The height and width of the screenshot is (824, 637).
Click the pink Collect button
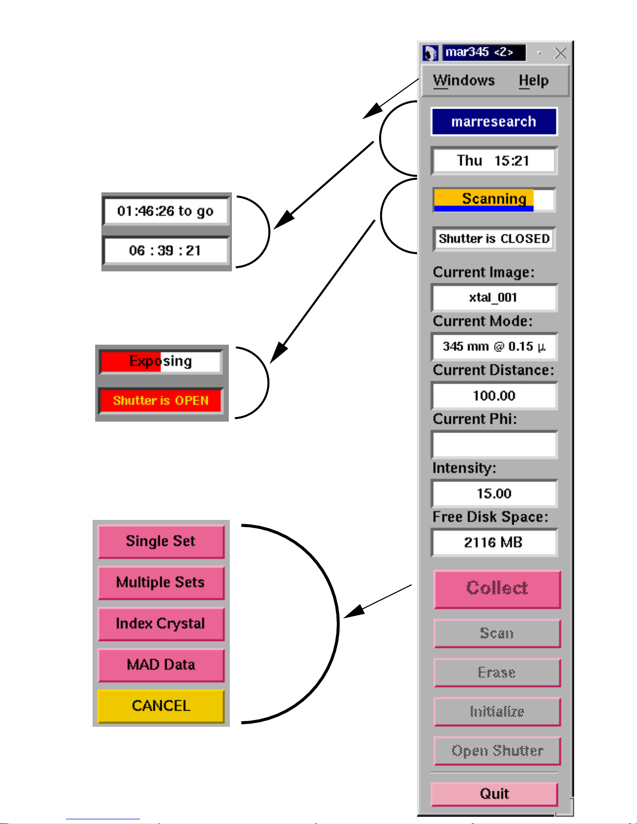coord(497,589)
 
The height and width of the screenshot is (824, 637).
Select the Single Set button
coord(161,542)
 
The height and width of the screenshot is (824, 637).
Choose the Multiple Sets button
coord(161,583)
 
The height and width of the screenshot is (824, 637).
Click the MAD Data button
coord(161,665)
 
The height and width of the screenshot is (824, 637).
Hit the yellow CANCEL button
coord(161,706)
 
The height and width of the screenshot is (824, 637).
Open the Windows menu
coord(464,81)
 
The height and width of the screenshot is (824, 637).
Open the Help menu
coord(534,81)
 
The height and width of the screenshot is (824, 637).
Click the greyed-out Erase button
coord(497,673)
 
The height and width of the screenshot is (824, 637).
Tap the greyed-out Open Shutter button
coord(497,751)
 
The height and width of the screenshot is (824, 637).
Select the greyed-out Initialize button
coord(497,712)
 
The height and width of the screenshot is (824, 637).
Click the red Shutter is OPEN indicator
coord(161,400)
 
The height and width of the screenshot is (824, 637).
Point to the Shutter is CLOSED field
coord(494,239)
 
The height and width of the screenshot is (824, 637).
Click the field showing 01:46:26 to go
coord(166,211)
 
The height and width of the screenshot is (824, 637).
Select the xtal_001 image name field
coord(494,298)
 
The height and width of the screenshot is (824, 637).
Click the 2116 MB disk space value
coord(494,543)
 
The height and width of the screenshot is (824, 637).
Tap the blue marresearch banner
coord(494,122)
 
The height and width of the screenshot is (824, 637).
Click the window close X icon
coord(560,53)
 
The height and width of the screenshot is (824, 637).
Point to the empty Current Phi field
coord(494,445)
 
